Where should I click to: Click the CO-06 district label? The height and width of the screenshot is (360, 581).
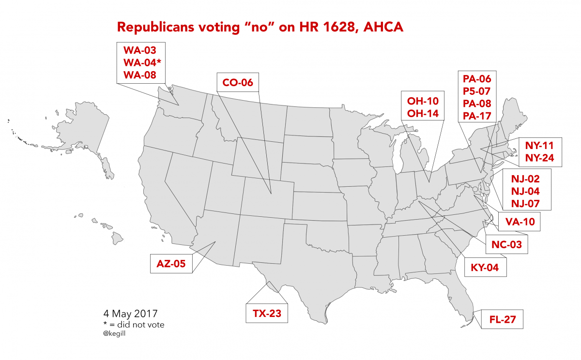237,83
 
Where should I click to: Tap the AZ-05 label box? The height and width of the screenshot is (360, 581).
171,264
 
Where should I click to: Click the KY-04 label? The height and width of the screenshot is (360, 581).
485,267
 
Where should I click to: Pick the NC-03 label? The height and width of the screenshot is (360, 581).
506,245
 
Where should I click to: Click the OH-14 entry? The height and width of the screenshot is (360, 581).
423,114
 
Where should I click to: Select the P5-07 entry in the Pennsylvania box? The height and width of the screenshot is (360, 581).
477,91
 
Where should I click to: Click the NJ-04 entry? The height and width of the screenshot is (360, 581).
525,191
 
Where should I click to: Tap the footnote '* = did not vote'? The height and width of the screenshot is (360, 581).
134,324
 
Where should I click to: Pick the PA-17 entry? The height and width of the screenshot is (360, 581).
477,116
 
